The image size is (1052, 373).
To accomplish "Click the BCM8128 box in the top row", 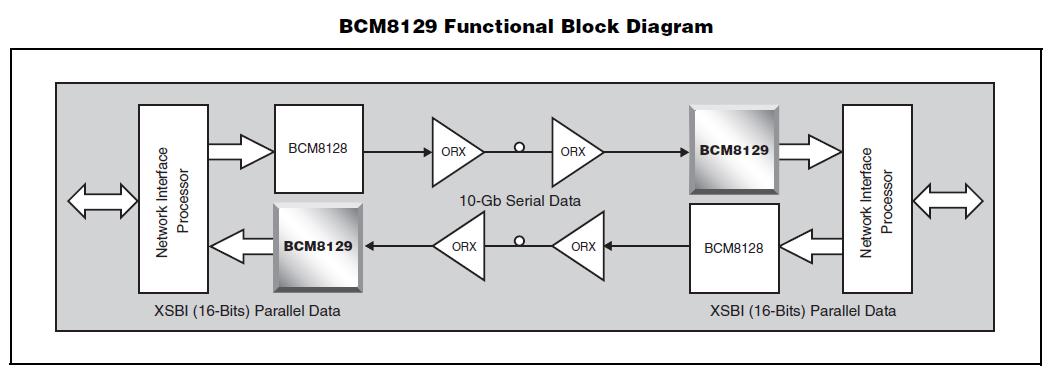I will click(319, 150).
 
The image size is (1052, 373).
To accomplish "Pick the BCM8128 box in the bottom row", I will click(734, 247).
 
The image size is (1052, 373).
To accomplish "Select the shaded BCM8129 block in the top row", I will click(734, 151).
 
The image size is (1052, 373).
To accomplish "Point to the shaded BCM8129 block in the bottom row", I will click(319, 246).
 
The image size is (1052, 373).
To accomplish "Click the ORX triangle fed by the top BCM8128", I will click(453, 152).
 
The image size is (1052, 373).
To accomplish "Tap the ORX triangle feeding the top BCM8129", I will click(573, 152).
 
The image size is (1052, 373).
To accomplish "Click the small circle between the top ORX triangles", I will click(519, 148).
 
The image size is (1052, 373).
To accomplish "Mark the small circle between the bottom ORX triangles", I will click(519, 241).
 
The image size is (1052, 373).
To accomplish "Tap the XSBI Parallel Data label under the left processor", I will click(247, 311).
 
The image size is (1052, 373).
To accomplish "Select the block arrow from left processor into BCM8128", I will click(241, 151).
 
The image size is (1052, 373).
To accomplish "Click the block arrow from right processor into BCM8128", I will click(810, 247).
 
